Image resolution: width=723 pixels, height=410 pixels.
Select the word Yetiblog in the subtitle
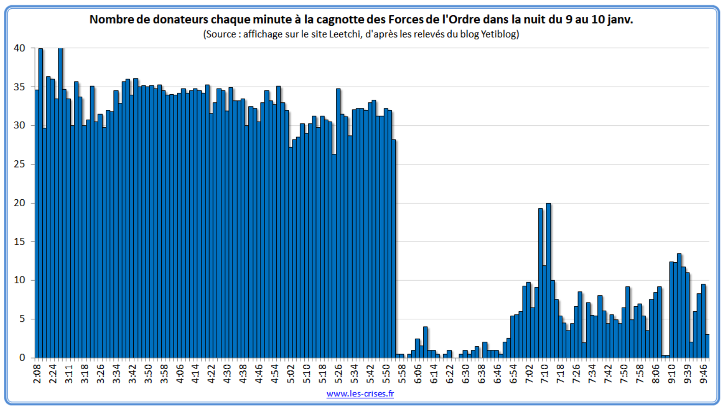click(498, 35)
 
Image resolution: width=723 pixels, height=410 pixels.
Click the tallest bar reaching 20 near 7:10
click(548, 280)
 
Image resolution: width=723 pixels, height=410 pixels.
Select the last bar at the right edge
click(707, 346)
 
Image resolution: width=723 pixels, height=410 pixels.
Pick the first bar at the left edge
click(37, 224)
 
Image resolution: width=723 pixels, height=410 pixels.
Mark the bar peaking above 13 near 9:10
click(679, 306)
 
